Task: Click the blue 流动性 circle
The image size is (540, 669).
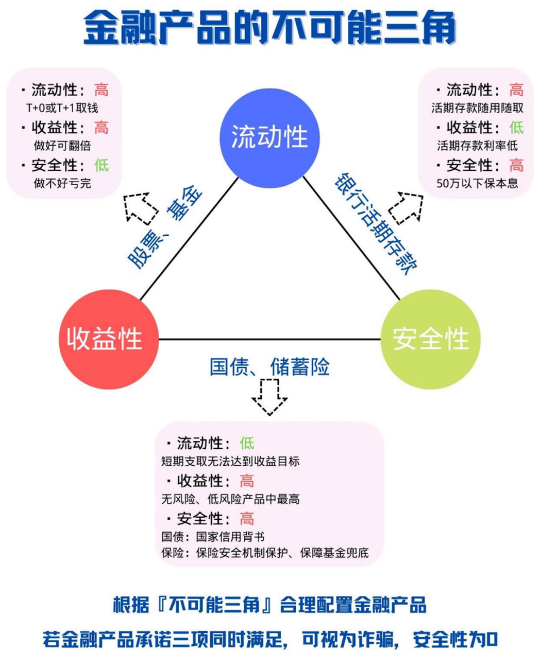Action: click(269, 137)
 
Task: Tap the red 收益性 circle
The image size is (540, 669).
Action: click(105, 339)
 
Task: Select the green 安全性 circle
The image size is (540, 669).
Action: click(431, 339)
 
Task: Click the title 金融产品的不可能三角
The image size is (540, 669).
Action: click(270, 28)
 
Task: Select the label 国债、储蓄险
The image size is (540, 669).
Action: click(269, 367)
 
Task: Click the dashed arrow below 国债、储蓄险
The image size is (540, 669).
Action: click(269, 397)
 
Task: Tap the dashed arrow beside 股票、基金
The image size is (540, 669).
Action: click(141, 207)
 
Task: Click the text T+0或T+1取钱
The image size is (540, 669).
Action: click(62, 108)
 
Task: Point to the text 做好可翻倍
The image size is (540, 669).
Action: click(62, 146)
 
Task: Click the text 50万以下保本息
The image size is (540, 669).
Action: click(477, 183)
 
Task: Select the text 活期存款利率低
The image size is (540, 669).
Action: click(477, 146)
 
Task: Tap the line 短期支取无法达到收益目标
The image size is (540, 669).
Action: click(230, 462)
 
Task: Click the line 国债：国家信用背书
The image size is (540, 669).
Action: click(213, 537)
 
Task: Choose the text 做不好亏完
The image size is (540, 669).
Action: click(62, 183)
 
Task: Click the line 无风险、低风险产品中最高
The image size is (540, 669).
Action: click(230, 499)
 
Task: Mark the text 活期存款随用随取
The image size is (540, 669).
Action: click(477, 108)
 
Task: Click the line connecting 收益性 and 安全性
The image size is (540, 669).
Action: click(269, 339)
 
